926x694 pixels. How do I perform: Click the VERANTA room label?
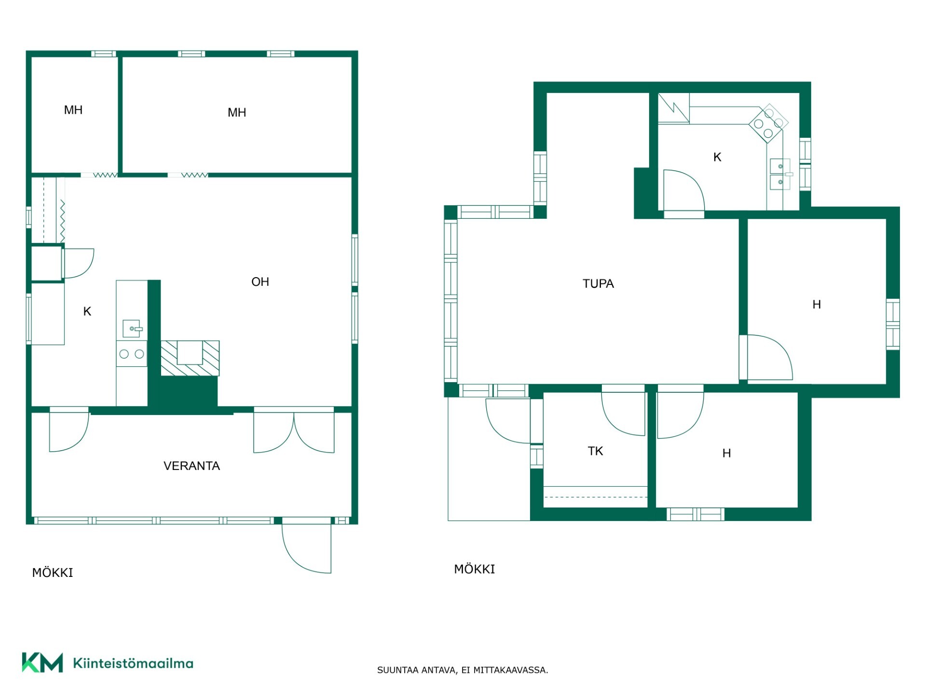pos(191,466)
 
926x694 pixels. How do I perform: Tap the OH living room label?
pos(260,282)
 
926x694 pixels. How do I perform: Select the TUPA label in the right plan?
pos(598,283)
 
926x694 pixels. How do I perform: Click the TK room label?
pos(595,451)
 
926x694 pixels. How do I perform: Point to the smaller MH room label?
pos(73,110)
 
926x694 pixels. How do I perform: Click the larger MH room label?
pos(237,112)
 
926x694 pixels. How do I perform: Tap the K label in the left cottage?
pos(87,311)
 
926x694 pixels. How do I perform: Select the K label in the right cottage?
pos(717,157)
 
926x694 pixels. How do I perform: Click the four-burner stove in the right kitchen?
pos(768,123)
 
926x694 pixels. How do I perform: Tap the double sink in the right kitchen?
pos(780,174)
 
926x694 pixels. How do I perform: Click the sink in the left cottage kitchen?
pos(132,329)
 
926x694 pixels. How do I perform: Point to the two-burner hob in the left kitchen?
pos(132,354)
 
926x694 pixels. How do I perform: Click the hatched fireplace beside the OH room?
pos(190,358)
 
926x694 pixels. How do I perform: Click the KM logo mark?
pos(42,663)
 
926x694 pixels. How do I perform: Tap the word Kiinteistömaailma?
pos(133,664)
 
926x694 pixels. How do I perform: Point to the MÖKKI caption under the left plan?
pos(53,573)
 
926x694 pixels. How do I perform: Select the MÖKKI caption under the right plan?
pos(475,569)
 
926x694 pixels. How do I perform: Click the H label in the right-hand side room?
pos(817,305)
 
